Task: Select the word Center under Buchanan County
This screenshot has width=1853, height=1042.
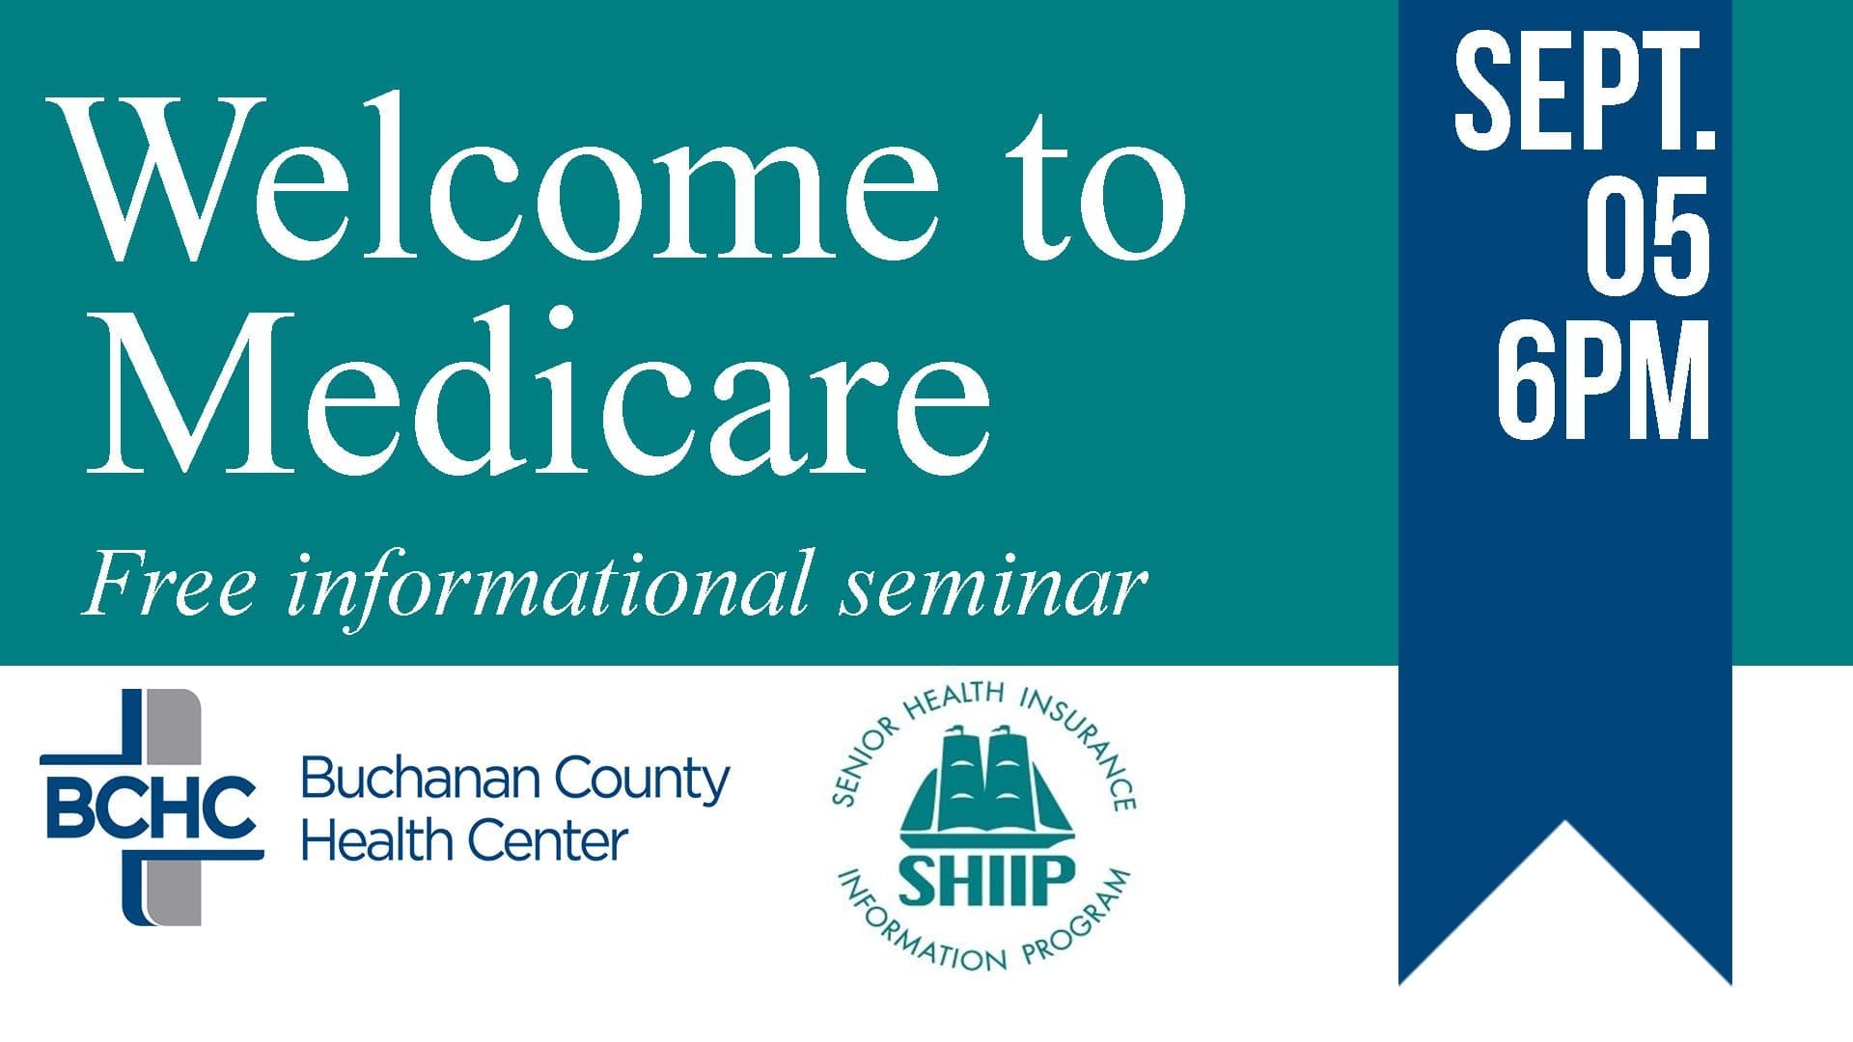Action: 547,841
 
